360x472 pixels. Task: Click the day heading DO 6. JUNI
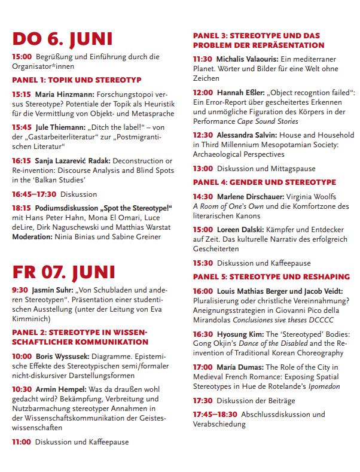[x=62, y=39]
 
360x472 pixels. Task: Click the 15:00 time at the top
[x=21, y=57]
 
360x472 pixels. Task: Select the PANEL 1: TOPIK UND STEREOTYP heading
[x=77, y=80]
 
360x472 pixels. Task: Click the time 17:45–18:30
[x=215, y=414]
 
